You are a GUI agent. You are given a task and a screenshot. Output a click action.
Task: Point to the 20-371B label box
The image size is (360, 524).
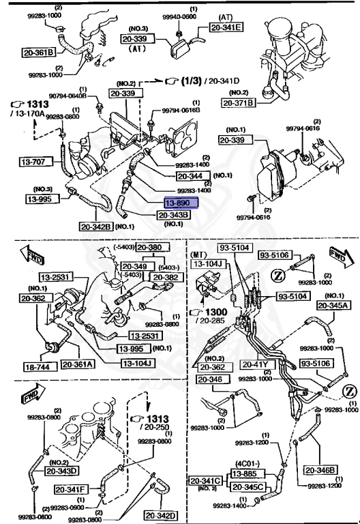[x=238, y=103]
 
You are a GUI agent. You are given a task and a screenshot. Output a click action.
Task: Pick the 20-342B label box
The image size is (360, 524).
[x=95, y=227]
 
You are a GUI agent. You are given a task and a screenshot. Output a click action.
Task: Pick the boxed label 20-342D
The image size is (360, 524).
[x=160, y=515]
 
